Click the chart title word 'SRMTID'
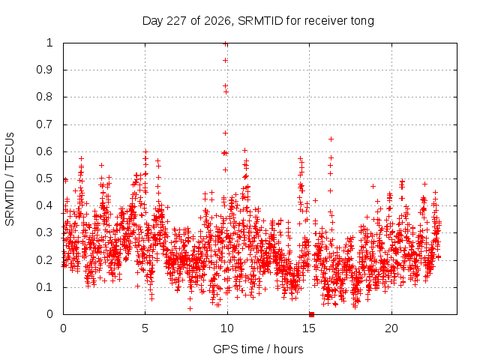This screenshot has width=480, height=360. click(x=260, y=21)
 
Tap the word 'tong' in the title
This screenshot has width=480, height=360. click(x=362, y=22)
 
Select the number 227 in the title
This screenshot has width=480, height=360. click(x=176, y=21)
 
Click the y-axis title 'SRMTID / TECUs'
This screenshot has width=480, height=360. click(x=10, y=179)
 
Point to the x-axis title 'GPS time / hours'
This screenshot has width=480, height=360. click(x=258, y=349)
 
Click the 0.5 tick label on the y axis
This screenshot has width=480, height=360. click(x=44, y=178)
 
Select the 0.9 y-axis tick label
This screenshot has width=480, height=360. click(x=44, y=70)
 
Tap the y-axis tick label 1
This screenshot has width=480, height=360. click(x=49, y=43)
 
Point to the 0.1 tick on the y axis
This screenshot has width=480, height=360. click(x=44, y=287)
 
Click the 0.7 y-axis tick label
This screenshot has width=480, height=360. click(x=44, y=124)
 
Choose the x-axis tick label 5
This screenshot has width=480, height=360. click(x=145, y=328)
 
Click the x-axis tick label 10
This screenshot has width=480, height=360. click(x=226, y=328)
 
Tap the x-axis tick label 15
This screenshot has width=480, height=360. click(x=309, y=328)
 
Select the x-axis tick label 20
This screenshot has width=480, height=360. click(x=391, y=328)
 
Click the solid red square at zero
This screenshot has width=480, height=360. click(x=312, y=314)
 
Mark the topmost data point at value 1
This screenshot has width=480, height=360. click(x=225, y=44)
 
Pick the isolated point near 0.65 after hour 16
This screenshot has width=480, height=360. click(x=331, y=139)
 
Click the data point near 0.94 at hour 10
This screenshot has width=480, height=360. click(x=225, y=61)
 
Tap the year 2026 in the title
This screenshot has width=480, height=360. click(x=217, y=21)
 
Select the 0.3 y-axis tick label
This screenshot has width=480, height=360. click(x=44, y=232)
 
